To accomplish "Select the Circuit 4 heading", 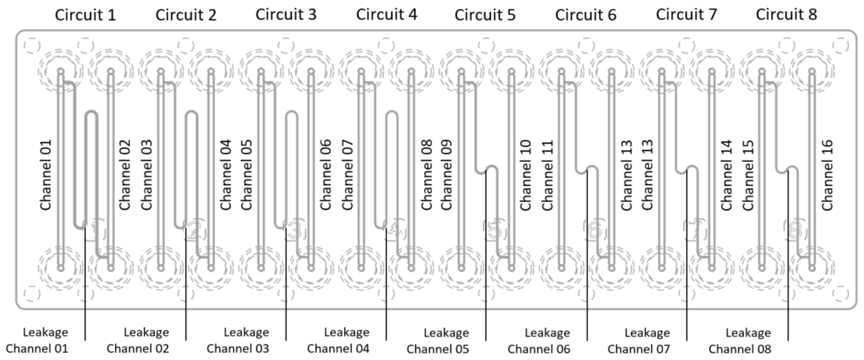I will [x=386, y=14].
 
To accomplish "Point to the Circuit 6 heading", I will [x=586, y=15].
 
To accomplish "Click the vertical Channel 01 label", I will [x=46, y=175].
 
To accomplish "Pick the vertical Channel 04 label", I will [x=226, y=175].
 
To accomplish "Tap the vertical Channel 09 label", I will [x=446, y=175].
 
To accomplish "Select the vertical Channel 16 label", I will [x=827, y=175].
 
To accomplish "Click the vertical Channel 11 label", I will [x=547, y=175].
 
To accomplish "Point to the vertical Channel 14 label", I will [x=726, y=175].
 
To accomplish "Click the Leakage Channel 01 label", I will [x=37, y=340].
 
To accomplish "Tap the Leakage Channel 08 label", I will [x=740, y=340].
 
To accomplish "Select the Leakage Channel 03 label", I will [x=238, y=340].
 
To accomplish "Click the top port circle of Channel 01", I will [x=61, y=71].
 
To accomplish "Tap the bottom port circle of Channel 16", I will [x=812, y=268].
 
